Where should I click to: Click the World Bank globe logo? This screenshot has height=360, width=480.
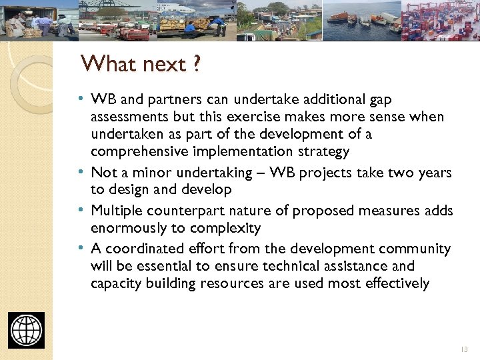27,330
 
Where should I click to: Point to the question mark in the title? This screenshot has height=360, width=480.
197,65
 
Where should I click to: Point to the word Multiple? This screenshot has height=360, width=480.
115,211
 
